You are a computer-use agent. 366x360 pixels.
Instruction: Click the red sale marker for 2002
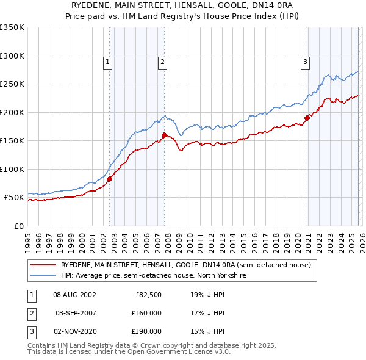click(110, 179)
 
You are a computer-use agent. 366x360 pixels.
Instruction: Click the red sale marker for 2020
click(307, 118)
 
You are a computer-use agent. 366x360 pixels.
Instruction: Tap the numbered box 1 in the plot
click(107, 61)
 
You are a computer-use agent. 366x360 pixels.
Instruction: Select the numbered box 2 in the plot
click(162, 61)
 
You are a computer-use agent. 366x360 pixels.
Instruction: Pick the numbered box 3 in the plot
click(304, 61)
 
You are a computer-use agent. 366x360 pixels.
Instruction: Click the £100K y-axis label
click(12, 169)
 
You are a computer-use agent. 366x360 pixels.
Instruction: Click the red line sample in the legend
click(43, 265)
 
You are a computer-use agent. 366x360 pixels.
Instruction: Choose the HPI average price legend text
click(152, 275)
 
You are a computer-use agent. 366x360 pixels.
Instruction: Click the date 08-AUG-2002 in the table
click(74, 295)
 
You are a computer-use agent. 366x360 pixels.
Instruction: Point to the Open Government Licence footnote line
click(129, 352)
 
